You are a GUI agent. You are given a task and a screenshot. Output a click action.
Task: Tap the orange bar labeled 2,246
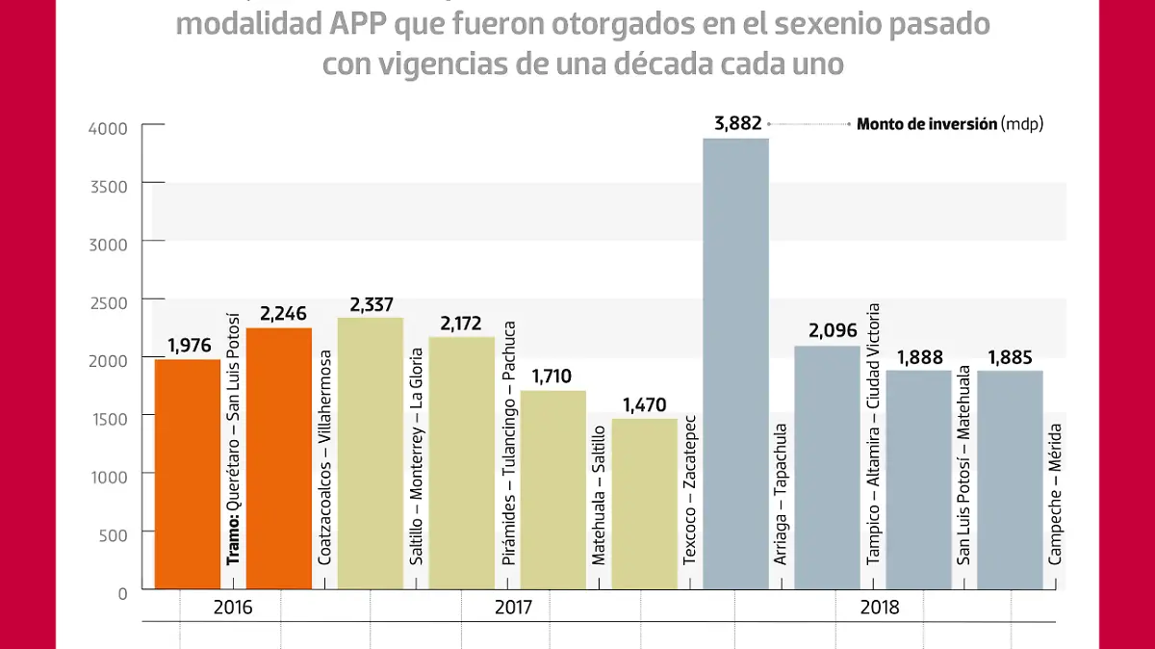[x=278, y=458]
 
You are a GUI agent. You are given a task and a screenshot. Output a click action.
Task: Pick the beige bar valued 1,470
[x=644, y=504]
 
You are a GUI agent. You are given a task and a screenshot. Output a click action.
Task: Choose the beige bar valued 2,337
[x=370, y=453]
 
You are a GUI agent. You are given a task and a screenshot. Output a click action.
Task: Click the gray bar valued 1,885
[x=1010, y=480]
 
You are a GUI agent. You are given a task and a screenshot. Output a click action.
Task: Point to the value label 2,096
[x=827, y=331]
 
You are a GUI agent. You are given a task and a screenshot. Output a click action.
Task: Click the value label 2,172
[x=461, y=322]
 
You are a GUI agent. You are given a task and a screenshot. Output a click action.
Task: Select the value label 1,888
[x=918, y=356]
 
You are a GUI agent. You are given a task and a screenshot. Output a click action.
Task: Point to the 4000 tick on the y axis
[x=108, y=128]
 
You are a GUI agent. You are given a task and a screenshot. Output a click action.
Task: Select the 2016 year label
[x=233, y=608]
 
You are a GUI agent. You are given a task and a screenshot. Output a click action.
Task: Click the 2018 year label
[x=879, y=608]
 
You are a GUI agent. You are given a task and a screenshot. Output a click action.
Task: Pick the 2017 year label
[x=512, y=608]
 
